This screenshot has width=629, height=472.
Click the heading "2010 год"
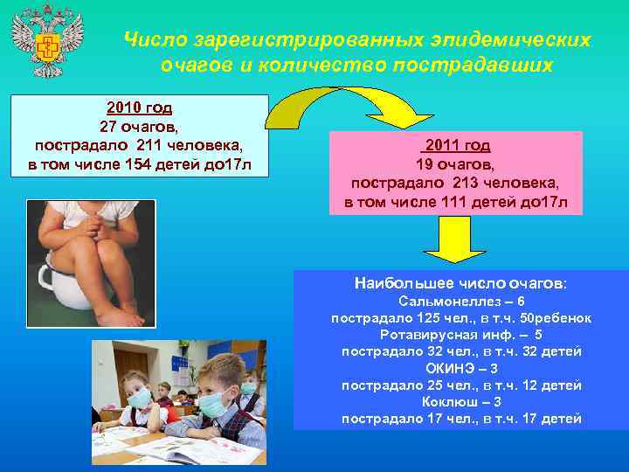click(139, 108)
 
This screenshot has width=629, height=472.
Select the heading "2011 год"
click(458, 145)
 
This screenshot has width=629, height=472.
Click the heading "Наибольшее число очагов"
click(460, 283)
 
